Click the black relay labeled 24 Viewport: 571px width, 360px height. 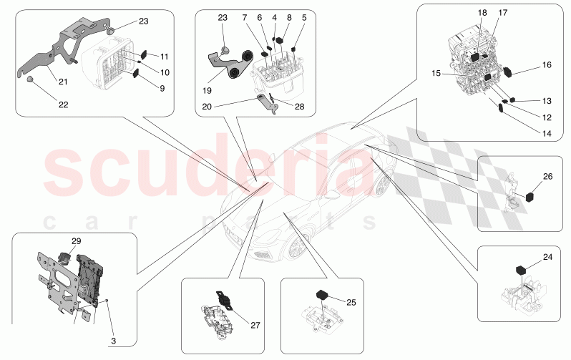(521, 270)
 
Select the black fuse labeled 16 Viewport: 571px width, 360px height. (509, 71)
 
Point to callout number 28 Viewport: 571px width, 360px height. (298, 107)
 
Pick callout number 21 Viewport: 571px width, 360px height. (64, 82)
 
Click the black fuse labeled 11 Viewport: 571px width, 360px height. (143, 53)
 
